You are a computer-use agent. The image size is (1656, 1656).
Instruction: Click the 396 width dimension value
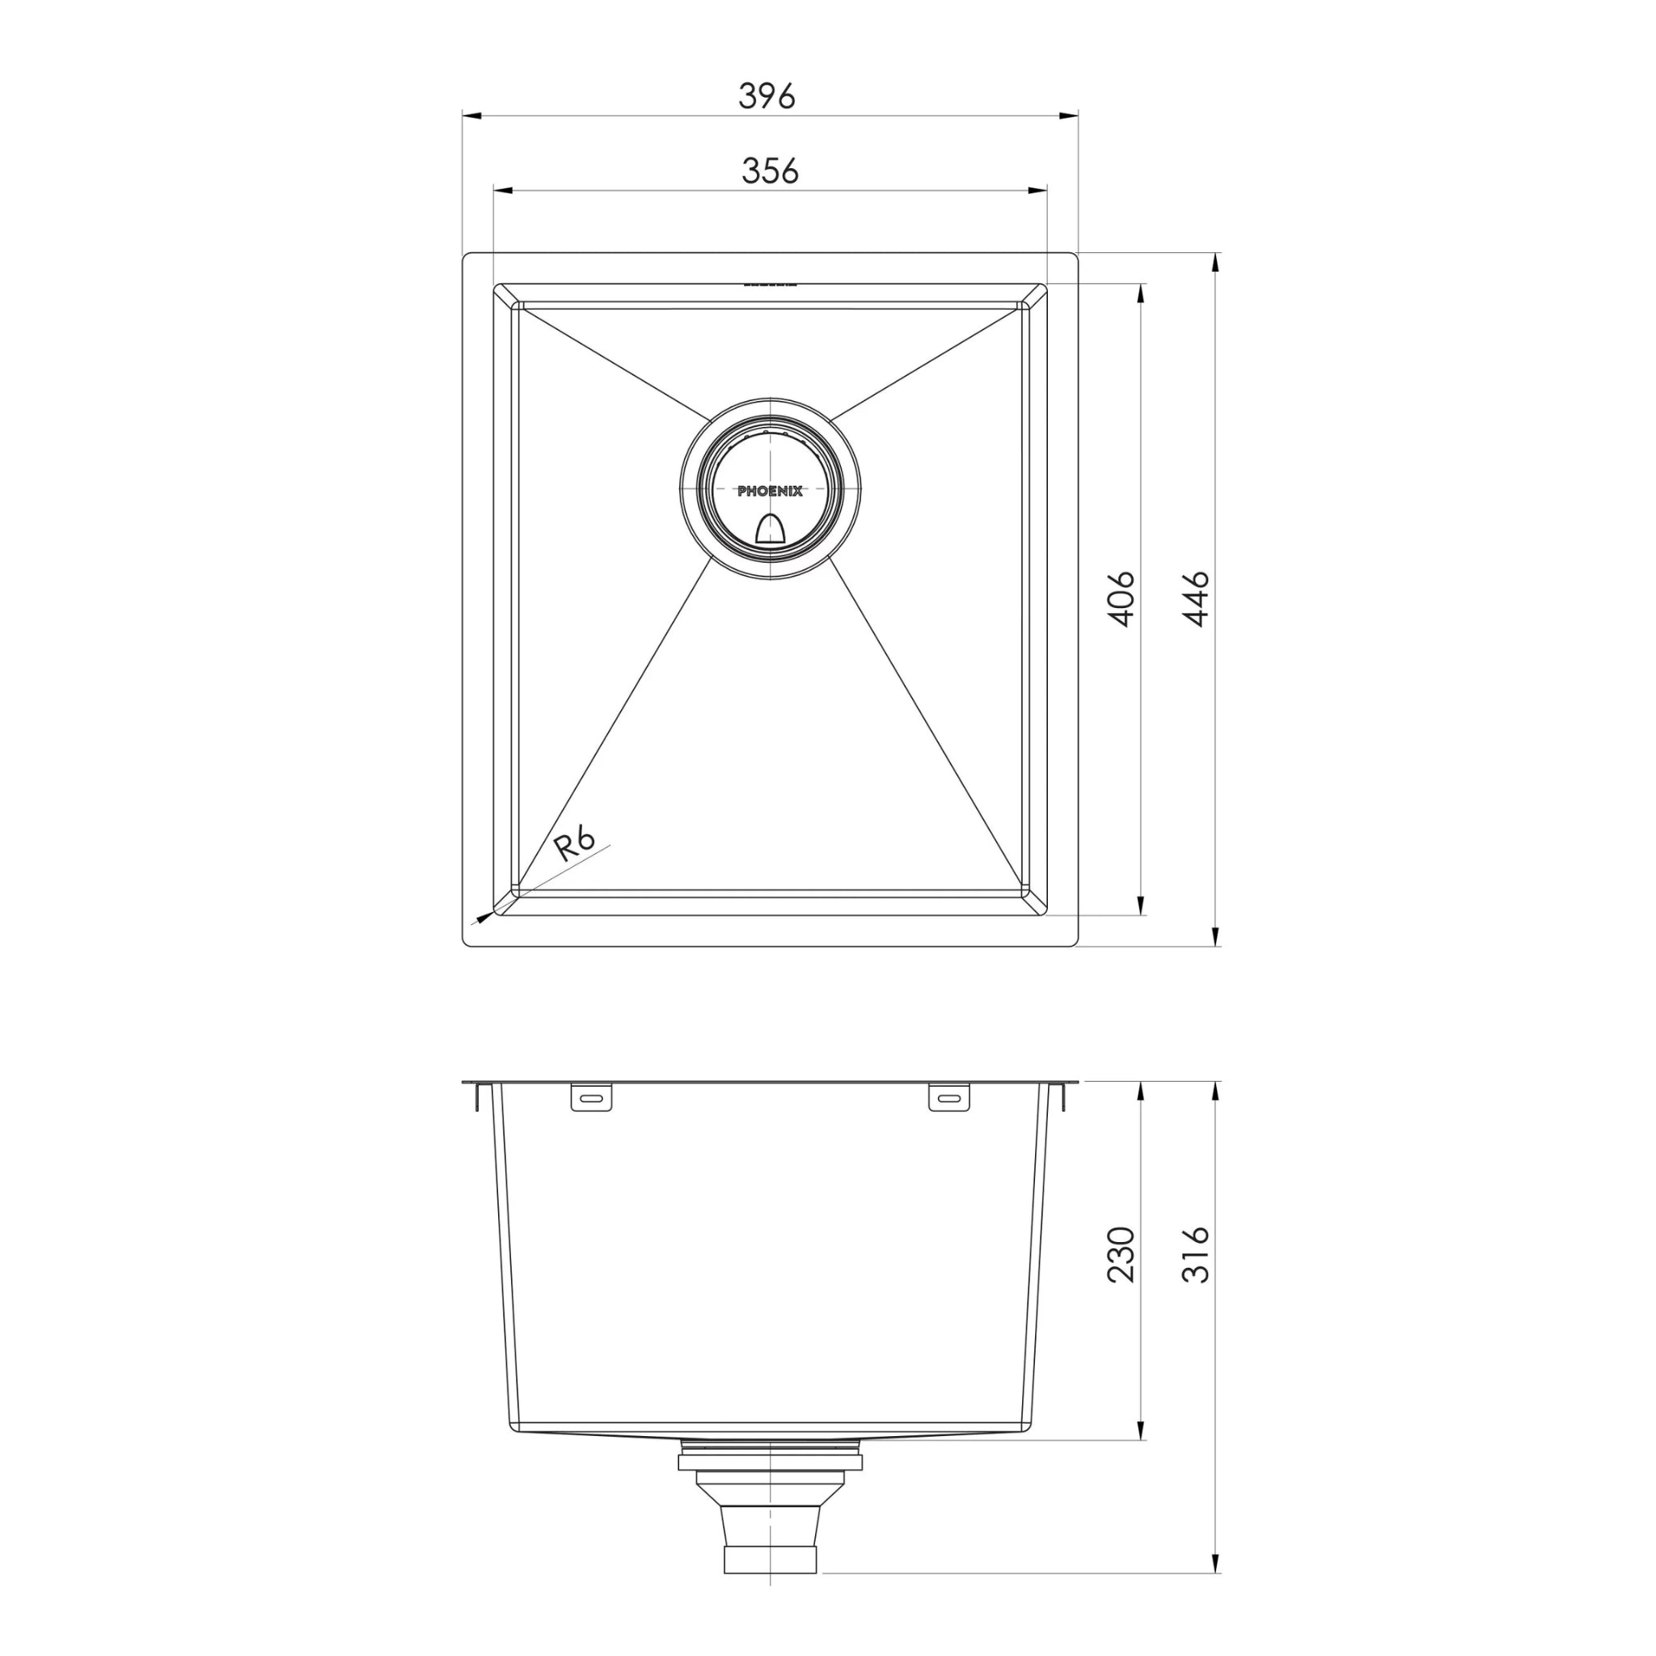[767, 96]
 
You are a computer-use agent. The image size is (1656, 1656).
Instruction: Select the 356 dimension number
[770, 171]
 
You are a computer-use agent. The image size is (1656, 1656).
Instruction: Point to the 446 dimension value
[1196, 598]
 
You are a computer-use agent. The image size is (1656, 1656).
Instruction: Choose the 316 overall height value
[1196, 1254]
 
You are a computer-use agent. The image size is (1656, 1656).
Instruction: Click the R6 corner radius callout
[574, 843]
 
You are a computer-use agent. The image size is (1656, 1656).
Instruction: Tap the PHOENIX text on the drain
[770, 492]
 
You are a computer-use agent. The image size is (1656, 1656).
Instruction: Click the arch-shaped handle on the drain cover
[770, 531]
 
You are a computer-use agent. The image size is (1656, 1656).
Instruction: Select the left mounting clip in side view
[591, 1098]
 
